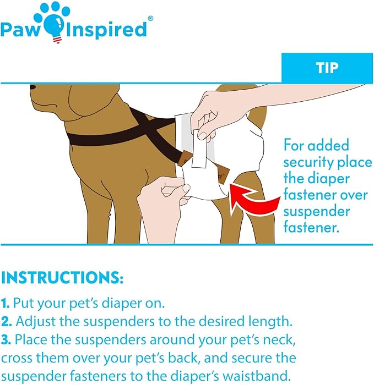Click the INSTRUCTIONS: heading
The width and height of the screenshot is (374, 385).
click(62, 277)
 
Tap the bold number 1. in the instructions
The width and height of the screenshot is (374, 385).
click(6, 302)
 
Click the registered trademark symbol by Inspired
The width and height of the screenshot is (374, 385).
click(150, 18)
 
